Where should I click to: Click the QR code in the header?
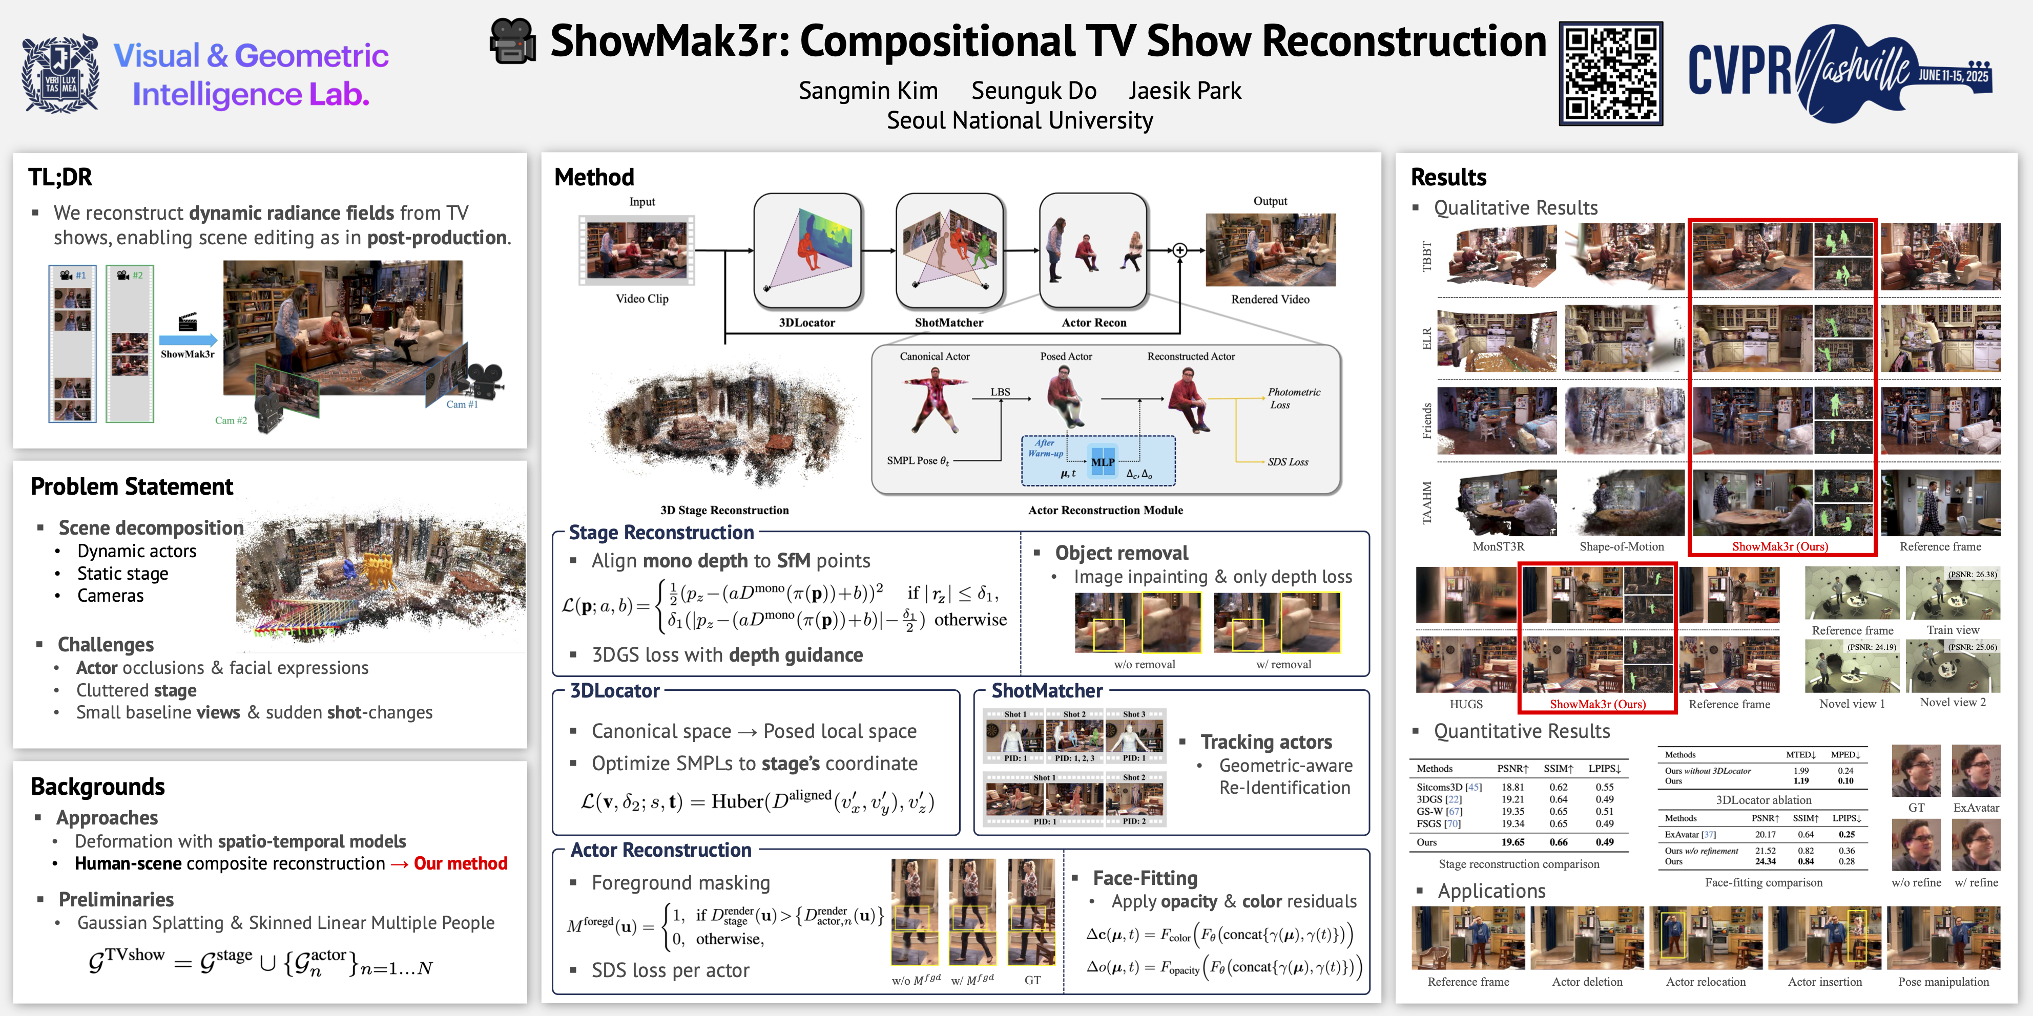tap(1611, 73)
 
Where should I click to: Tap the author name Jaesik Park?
tap(1185, 91)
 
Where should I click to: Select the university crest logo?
tap(60, 73)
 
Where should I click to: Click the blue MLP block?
tap(1103, 462)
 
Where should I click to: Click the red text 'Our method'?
tap(460, 864)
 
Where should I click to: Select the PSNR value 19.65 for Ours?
tap(1512, 842)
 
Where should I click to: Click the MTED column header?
tap(1801, 755)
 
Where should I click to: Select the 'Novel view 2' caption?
tap(1953, 702)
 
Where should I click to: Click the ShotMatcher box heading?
tap(1047, 691)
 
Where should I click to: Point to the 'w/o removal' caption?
tap(1145, 664)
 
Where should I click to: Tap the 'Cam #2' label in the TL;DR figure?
tap(231, 420)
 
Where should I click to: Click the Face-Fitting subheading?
tap(1145, 878)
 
